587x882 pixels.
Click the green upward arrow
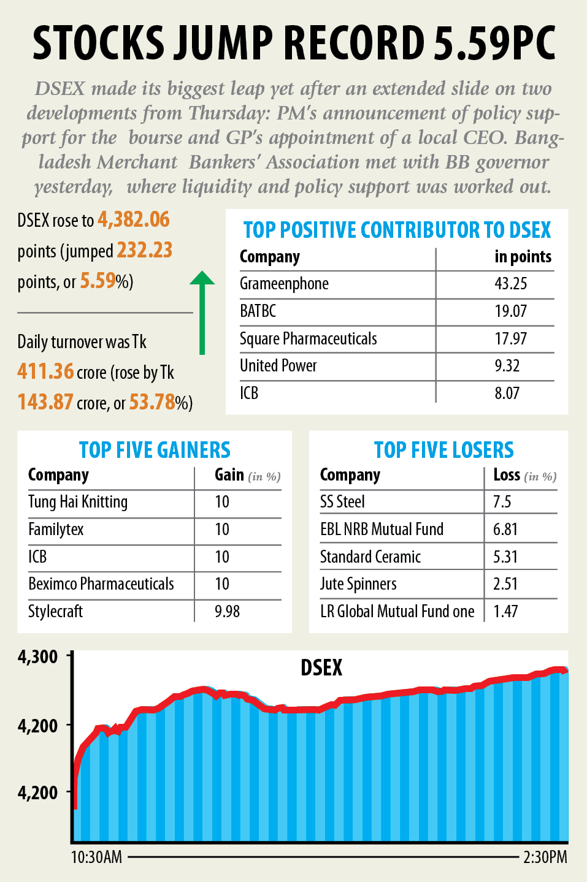tap(202, 313)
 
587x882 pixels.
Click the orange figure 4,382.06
tap(134, 220)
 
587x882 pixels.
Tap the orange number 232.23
tap(144, 251)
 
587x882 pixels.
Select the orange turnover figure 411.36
tap(45, 371)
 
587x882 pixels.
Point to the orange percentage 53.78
tap(152, 402)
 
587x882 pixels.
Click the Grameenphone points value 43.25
tap(510, 284)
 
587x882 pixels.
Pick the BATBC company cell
tap(258, 311)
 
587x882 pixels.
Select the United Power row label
tap(278, 366)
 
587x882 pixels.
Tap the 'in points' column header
tap(523, 257)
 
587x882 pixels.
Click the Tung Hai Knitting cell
tap(78, 502)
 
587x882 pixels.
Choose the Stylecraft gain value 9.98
tap(227, 612)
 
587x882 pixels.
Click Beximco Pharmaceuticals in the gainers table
tap(101, 584)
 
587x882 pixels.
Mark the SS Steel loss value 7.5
tap(502, 502)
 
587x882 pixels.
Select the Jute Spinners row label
tap(358, 584)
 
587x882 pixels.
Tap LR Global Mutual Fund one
tap(397, 612)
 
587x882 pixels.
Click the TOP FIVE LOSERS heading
tap(443, 451)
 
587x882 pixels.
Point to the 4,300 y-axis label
tap(38, 657)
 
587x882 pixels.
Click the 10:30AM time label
tap(96, 857)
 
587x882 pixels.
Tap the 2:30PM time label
tap(545, 857)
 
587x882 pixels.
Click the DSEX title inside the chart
tap(321, 668)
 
